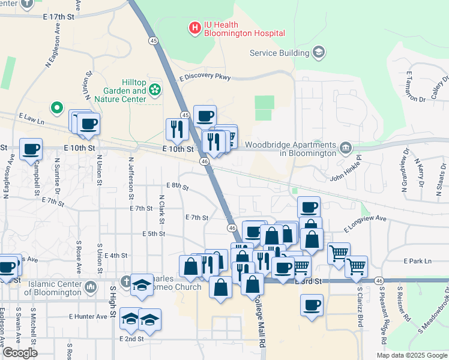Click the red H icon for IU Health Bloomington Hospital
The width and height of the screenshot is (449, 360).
tap(194, 27)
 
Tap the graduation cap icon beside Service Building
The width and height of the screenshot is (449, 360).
tap(318, 53)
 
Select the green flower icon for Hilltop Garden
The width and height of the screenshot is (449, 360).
tap(155, 89)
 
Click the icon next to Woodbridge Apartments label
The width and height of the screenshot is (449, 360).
tap(346, 148)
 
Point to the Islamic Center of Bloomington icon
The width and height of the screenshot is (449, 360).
tap(91, 287)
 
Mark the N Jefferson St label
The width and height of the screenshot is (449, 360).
tap(130, 179)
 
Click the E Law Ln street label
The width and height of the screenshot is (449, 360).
tap(32, 119)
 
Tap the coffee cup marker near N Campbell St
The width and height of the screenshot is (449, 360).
tap(31, 149)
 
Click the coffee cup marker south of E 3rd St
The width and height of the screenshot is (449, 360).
tap(312, 305)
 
